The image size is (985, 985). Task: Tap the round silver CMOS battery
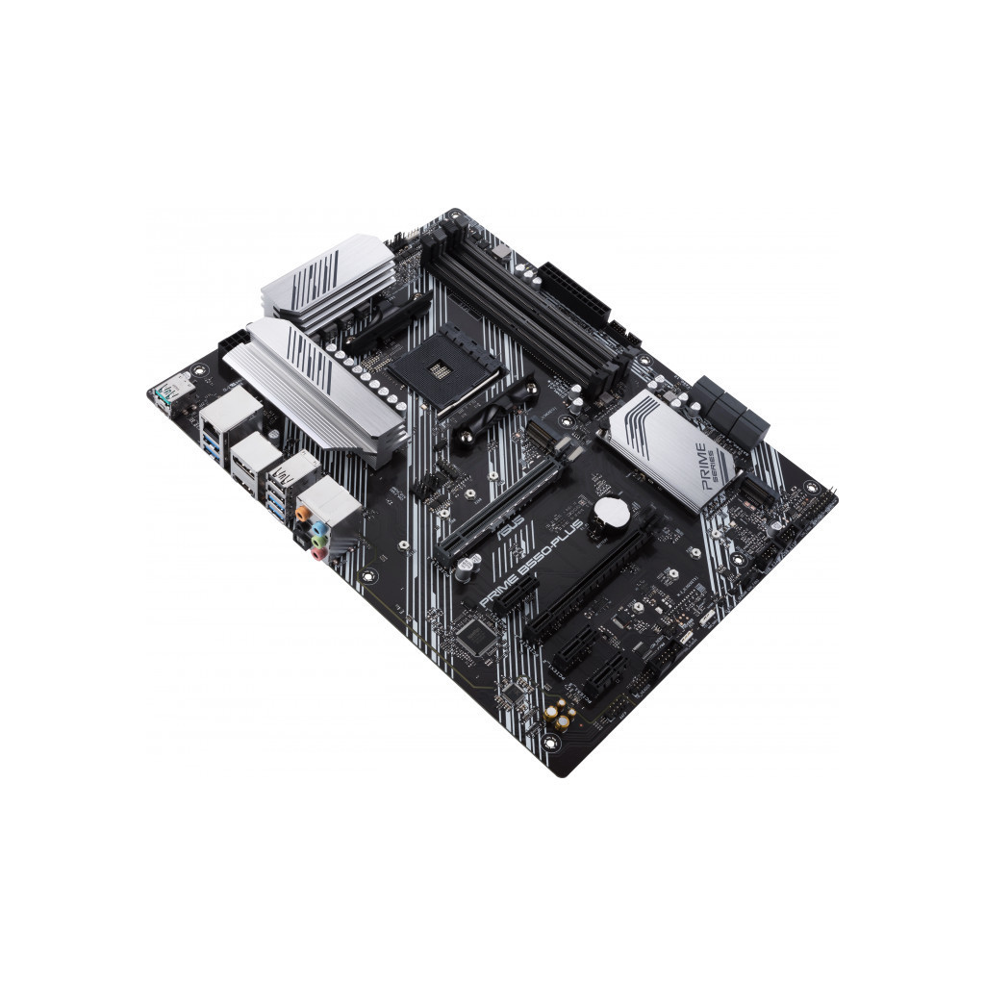pos(611,514)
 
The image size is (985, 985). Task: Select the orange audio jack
pos(304,514)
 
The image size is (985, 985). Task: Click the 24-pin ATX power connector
pos(575,290)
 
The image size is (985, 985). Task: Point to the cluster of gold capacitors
pos(560,714)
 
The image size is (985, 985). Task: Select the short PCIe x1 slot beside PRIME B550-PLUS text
pos(518,596)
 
